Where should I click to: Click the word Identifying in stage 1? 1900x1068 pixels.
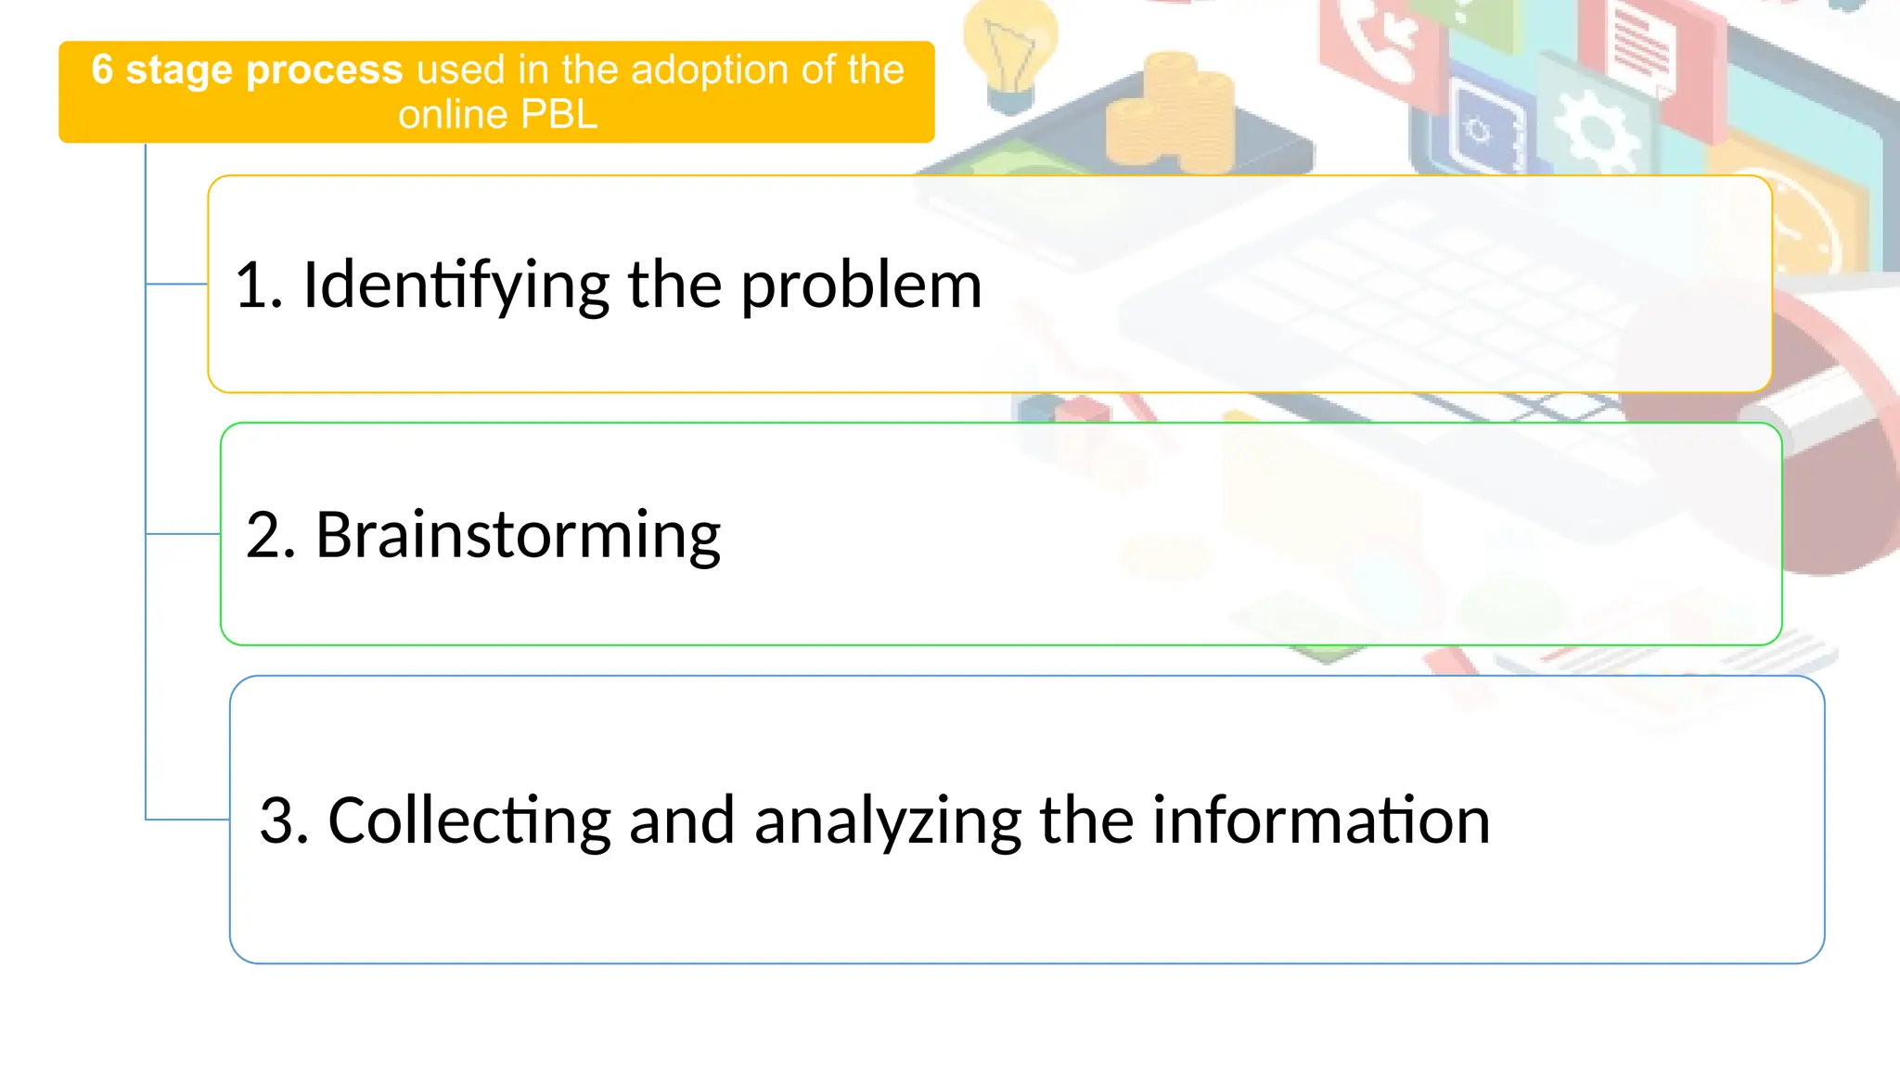click(455, 286)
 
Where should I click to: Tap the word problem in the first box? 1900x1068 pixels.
click(860, 286)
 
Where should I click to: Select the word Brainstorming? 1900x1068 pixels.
click(518, 536)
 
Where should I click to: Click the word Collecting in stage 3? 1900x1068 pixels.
click(469, 820)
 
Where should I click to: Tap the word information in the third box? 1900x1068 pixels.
click(1320, 820)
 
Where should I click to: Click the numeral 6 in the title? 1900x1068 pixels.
click(102, 70)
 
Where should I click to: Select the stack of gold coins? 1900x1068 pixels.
click(1171, 111)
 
